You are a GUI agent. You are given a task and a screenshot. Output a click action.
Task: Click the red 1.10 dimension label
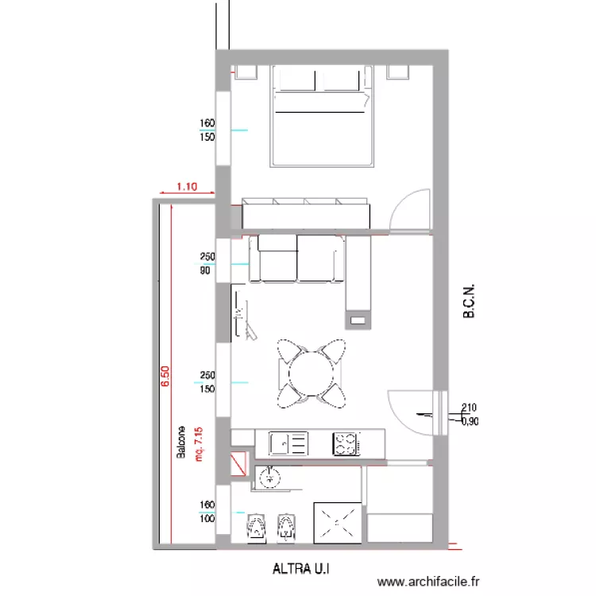click(187, 187)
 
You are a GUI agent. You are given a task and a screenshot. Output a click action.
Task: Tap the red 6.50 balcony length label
click(165, 377)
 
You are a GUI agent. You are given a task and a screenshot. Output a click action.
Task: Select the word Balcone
click(181, 442)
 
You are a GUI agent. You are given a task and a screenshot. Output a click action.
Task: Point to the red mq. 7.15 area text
click(199, 444)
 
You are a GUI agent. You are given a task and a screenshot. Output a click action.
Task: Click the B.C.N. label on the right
click(469, 300)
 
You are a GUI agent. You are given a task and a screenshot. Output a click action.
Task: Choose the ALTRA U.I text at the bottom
click(301, 569)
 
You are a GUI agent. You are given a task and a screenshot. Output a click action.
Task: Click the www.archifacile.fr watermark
click(428, 582)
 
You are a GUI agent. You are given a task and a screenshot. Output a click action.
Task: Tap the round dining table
click(312, 373)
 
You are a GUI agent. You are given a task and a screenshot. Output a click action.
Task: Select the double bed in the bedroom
click(322, 116)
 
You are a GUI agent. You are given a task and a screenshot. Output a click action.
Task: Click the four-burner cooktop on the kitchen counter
click(346, 443)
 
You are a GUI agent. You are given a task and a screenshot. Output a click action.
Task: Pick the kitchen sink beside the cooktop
click(288, 443)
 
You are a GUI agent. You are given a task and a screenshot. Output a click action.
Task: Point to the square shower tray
click(338, 523)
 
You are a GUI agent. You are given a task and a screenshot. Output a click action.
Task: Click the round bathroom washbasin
click(269, 478)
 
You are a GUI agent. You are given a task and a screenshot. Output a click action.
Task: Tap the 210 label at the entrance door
click(469, 408)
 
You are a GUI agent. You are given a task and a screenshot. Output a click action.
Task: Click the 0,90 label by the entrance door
click(470, 421)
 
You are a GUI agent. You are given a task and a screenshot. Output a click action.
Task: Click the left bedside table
click(246, 72)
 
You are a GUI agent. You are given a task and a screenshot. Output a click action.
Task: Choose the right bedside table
click(398, 72)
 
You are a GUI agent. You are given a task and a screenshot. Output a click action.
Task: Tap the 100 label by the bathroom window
click(207, 519)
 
